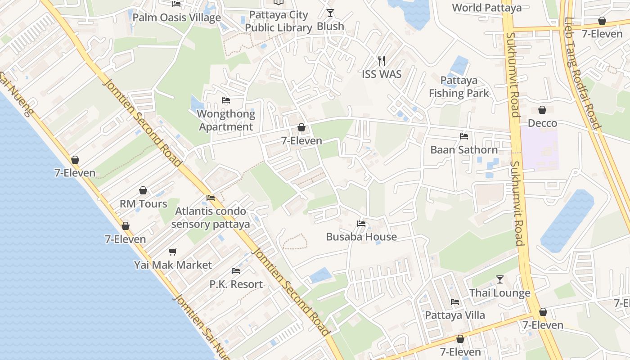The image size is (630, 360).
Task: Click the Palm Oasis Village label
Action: (176, 18)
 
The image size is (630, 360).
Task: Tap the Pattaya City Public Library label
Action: (279, 21)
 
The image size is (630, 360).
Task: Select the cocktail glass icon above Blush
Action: (330, 13)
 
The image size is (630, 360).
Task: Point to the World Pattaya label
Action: (486, 8)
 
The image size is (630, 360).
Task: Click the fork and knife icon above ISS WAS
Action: (382, 61)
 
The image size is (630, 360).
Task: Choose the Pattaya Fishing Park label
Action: (459, 87)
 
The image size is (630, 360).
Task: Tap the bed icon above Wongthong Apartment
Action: (226, 100)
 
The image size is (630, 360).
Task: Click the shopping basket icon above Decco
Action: (542, 110)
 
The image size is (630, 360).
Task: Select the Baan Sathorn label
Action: (464, 150)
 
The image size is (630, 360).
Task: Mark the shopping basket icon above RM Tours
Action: (143, 191)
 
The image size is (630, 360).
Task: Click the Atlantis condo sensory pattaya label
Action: (211, 218)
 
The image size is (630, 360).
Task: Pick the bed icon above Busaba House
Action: (361, 224)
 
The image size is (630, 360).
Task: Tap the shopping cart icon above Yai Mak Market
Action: (173, 252)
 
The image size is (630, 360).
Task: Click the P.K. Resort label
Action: (236, 284)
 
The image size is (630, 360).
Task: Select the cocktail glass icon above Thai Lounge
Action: (499, 280)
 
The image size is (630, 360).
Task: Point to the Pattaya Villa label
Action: (455, 315)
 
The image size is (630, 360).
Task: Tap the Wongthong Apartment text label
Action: (226, 120)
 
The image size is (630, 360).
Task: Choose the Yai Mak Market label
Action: (173, 265)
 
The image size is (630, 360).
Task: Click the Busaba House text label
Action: (361, 237)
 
